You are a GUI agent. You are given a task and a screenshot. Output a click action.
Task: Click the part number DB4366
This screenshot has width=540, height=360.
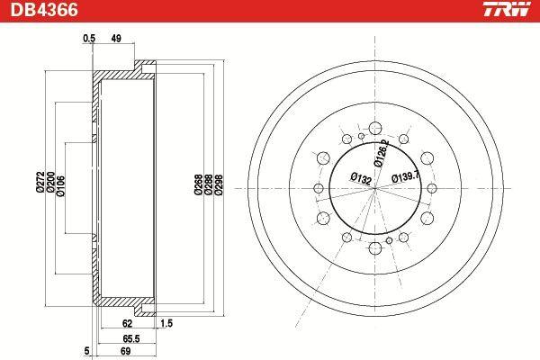(44, 10)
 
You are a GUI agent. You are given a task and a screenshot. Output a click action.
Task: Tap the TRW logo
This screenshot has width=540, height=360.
(507, 9)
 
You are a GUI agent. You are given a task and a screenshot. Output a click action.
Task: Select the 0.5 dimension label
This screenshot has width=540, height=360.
(89, 39)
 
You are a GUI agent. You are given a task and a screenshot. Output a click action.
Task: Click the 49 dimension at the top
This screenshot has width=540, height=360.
(116, 39)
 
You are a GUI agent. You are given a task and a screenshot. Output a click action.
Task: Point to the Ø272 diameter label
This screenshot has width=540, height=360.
(40, 181)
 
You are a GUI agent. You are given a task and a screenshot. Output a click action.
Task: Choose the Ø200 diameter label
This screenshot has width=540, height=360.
(50, 181)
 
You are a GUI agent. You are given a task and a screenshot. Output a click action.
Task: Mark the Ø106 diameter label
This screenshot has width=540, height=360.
(61, 186)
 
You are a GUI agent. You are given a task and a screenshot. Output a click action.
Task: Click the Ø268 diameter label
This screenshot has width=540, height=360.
(198, 184)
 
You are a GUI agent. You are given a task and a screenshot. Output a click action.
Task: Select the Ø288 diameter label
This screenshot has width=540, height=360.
(209, 184)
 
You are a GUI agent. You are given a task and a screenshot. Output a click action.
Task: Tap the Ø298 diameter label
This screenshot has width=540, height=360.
(219, 184)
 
